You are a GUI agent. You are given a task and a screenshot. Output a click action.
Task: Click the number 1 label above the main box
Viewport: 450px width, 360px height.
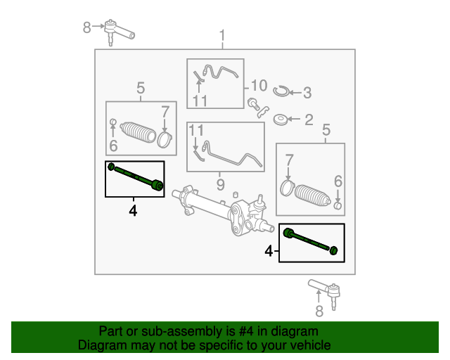point(222,35)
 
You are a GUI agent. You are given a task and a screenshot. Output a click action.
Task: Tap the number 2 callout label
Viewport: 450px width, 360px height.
point(309,120)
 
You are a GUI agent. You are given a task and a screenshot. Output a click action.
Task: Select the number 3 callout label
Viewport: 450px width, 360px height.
point(307,92)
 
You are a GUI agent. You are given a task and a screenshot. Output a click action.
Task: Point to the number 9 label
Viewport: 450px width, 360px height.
point(220,185)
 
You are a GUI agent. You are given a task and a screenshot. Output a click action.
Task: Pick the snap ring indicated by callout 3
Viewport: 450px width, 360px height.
point(280,91)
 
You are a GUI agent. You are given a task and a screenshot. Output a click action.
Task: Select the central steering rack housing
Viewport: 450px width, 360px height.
point(218,207)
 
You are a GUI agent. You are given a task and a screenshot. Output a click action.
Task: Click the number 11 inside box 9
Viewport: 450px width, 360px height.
point(196,130)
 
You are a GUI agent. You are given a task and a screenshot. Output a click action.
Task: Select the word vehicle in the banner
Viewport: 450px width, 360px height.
point(307,345)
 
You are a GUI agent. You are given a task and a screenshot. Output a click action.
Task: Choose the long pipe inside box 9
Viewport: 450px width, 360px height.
point(232,154)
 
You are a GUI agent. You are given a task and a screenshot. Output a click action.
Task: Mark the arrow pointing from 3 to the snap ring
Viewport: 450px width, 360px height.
point(294,92)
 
